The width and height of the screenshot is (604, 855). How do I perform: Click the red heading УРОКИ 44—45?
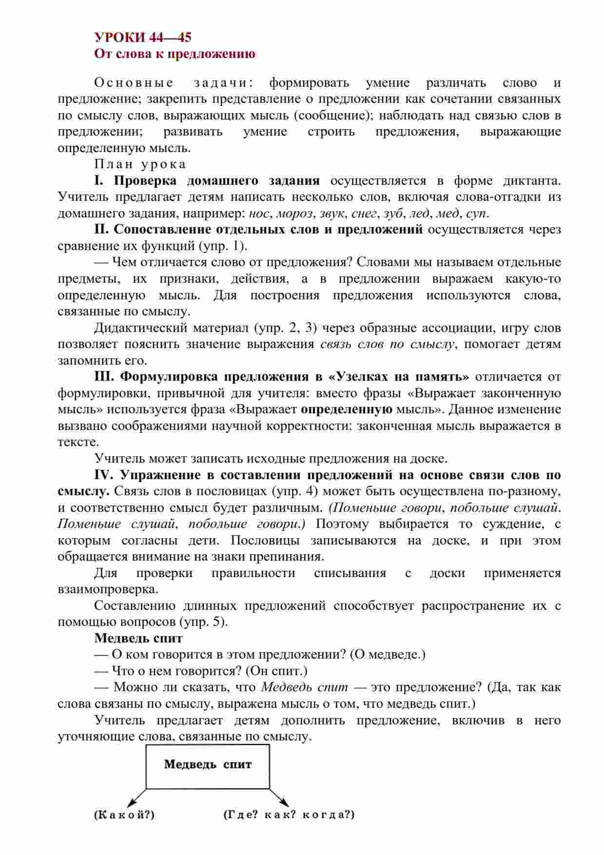coord(142,38)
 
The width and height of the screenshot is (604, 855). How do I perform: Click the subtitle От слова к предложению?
coord(175,54)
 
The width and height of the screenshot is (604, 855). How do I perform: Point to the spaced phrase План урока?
coord(140,164)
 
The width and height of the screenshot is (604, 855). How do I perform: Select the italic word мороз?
coord(295,213)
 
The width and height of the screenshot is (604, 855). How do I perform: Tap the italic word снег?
coord(364,213)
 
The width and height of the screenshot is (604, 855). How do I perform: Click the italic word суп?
coord(476,213)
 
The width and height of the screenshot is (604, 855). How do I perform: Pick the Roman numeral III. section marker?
coord(104,377)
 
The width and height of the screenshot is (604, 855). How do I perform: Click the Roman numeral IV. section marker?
coord(104,475)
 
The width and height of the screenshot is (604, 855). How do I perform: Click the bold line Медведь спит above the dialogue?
coord(138,638)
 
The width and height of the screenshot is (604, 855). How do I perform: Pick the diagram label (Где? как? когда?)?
coord(289,815)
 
